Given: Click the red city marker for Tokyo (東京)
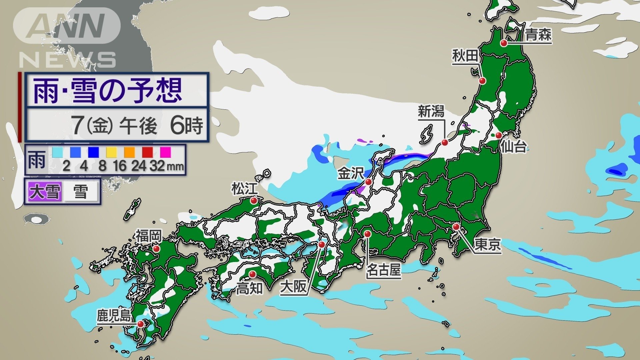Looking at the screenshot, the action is [456, 227].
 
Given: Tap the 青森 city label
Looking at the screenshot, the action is [538, 35].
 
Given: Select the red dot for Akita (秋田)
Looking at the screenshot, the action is [482, 81].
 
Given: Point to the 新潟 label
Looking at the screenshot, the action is [431, 111].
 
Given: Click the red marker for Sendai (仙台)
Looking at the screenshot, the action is [498, 135].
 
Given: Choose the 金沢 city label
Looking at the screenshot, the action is [350, 173].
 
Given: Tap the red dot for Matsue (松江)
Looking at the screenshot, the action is [254, 201].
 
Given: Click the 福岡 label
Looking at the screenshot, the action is [148, 236].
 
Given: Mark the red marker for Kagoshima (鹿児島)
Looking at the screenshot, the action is [141, 324].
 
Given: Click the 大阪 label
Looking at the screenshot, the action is [293, 286].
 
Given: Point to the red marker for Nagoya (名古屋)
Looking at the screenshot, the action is [367, 234].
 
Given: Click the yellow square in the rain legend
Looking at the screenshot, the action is [111, 152].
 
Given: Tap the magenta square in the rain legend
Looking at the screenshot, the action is [165, 152].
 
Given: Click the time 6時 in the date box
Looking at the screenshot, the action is [186, 126].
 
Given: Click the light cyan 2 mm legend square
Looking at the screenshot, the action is [57, 152].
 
